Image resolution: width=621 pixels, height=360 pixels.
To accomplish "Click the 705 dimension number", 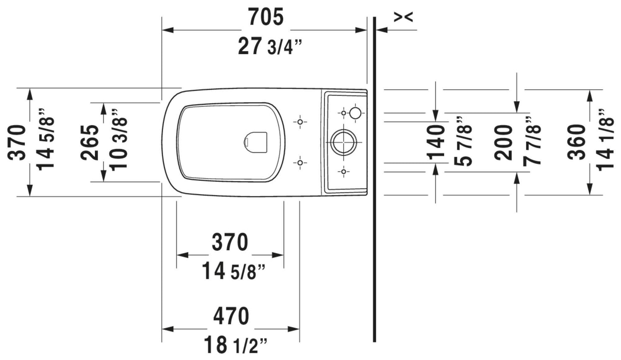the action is coord(266,17).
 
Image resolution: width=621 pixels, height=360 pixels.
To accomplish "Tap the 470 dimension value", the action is coord(231,316).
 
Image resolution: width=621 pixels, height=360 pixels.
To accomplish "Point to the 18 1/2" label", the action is coord(236,344).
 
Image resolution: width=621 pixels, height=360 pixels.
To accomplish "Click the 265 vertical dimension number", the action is coord(89,143).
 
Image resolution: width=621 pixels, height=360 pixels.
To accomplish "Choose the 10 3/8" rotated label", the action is coord(119,140).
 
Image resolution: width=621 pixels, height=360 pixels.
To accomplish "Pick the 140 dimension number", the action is coord(436,143).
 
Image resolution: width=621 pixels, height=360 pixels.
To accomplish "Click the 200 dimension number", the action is coord(503,143).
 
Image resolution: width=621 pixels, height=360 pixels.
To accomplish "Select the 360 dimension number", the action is coord(576,142).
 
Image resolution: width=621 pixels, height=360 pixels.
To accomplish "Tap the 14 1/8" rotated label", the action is coord(605,140).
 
